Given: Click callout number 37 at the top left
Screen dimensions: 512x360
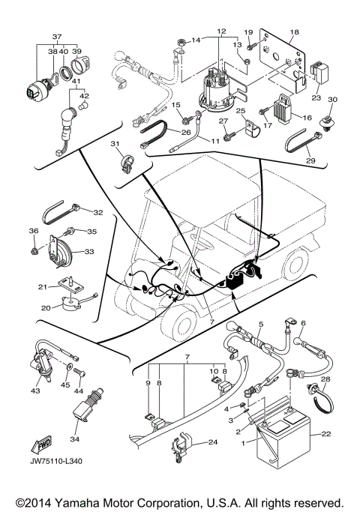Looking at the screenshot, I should click(x=55, y=35).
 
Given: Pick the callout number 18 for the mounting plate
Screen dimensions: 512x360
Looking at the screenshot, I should click(x=294, y=31).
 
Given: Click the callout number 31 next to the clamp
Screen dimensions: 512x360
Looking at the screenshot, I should click(x=115, y=144).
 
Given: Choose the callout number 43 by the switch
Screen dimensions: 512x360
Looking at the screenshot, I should click(x=35, y=391).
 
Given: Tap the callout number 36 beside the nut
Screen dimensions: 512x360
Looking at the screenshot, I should click(x=33, y=230).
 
